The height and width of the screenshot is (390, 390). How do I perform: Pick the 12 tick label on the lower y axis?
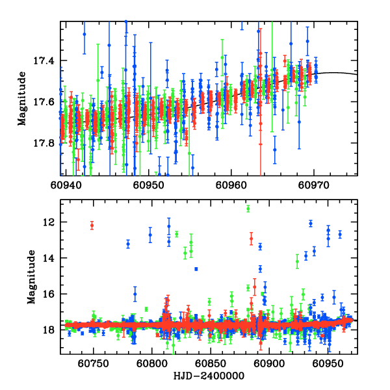tap(50, 222)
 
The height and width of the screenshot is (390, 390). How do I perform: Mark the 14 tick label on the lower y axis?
tap(50, 258)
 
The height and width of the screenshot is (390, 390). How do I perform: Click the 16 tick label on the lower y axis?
tap(50, 294)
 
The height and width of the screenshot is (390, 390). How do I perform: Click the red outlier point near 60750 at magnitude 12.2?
tap(92, 226)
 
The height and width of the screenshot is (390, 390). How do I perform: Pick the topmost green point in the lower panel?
tap(248, 209)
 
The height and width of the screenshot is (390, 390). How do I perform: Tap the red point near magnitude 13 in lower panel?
tap(251, 239)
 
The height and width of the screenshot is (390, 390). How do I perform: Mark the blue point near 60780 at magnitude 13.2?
tap(128, 244)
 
